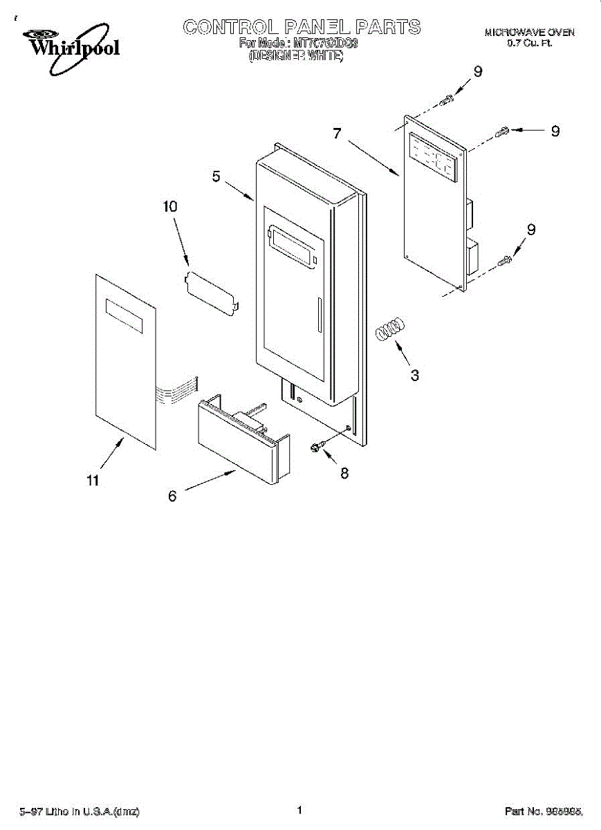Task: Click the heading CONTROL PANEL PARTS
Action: [302, 27]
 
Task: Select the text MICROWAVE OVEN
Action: [529, 33]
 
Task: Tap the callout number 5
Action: [216, 178]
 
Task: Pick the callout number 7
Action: [337, 133]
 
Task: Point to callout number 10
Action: [169, 206]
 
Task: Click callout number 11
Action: [93, 481]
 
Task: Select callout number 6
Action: [172, 495]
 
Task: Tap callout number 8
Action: [344, 473]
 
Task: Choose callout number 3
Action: [415, 376]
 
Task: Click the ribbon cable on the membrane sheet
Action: [177, 394]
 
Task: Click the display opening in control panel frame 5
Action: [295, 246]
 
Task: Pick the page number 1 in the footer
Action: [300, 810]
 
